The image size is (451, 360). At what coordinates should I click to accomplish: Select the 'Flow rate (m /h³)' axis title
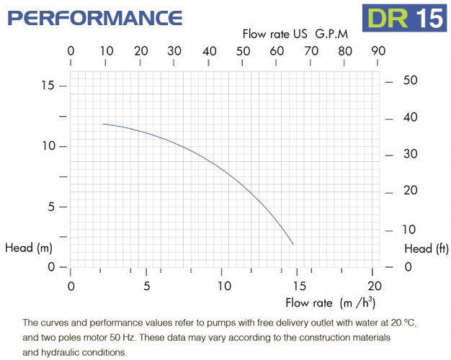click(x=330, y=302)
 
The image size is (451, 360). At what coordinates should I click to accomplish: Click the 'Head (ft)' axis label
click(x=427, y=248)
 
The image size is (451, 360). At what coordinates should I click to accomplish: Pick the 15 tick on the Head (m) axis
click(x=48, y=86)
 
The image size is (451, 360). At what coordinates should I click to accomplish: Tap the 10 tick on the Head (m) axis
click(x=48, y=146)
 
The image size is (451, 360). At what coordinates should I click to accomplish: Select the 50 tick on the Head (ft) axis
click(x=410, y=80)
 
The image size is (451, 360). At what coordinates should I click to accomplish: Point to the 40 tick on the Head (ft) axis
click(x=410, y=117)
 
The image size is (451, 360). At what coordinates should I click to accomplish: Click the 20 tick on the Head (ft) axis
click(x=410, y=191)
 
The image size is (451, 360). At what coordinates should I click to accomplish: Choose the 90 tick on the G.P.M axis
click(x=378, y=51)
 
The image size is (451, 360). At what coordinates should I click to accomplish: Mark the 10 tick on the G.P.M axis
click(x=106, y=51)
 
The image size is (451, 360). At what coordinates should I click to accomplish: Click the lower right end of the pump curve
click(x=293, y=244)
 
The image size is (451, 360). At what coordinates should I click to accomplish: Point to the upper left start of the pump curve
click(x=103, y=124)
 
